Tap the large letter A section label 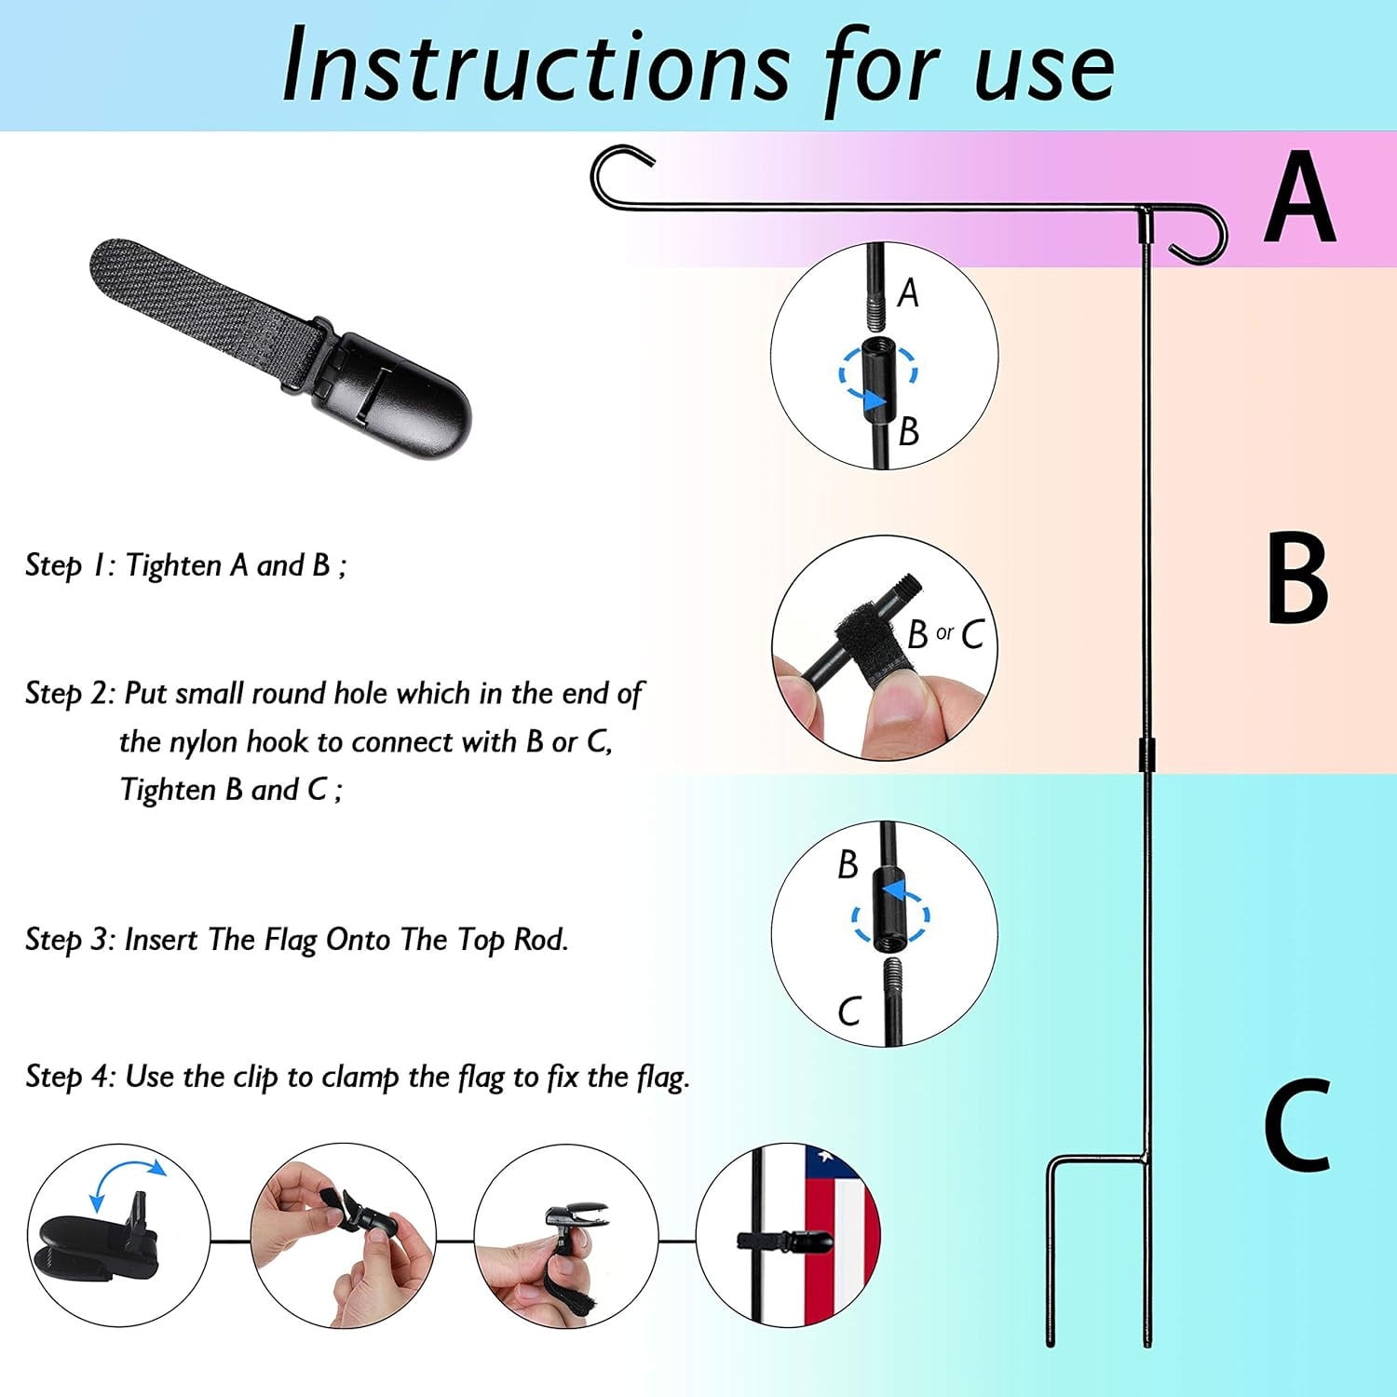click(x=1300, y=197)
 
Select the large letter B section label click(x=1297, y=577)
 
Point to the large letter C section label click(x=1296, y=1124)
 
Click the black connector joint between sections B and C click(x=1145, y=755)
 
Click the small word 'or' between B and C click(x=944, y=633)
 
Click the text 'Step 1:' click(x=70, y=565)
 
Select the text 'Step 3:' click(x=70, y=940)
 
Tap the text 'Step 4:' click(x=70, y=1078)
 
